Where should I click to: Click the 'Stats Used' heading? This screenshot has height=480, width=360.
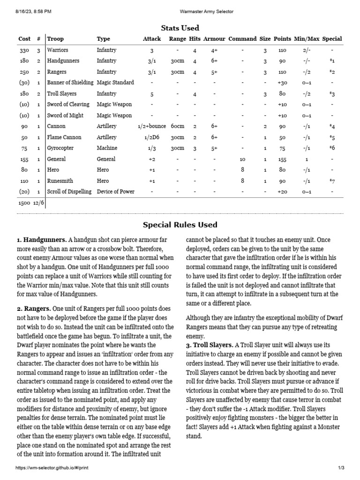(x=180, y=28)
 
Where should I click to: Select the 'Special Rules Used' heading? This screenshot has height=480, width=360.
(x=180, y=225)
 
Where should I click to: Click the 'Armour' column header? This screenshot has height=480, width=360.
(x=214, y=39)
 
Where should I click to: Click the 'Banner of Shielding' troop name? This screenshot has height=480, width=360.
(x=70, y=82)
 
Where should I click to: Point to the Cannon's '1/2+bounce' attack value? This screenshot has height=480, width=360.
(x=151, y=126)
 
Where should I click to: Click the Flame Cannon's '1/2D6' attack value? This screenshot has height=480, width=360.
(x=151, y=137)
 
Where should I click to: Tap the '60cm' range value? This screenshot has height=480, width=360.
(x=177, y=126)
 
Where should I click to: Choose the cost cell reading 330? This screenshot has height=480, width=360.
(x=24, y=50)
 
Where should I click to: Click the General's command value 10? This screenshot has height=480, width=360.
(x=242, y=159)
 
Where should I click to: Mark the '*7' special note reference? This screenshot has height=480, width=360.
(x=331, y=181)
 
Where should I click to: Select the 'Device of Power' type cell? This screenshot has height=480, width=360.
(x=115, y=191)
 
